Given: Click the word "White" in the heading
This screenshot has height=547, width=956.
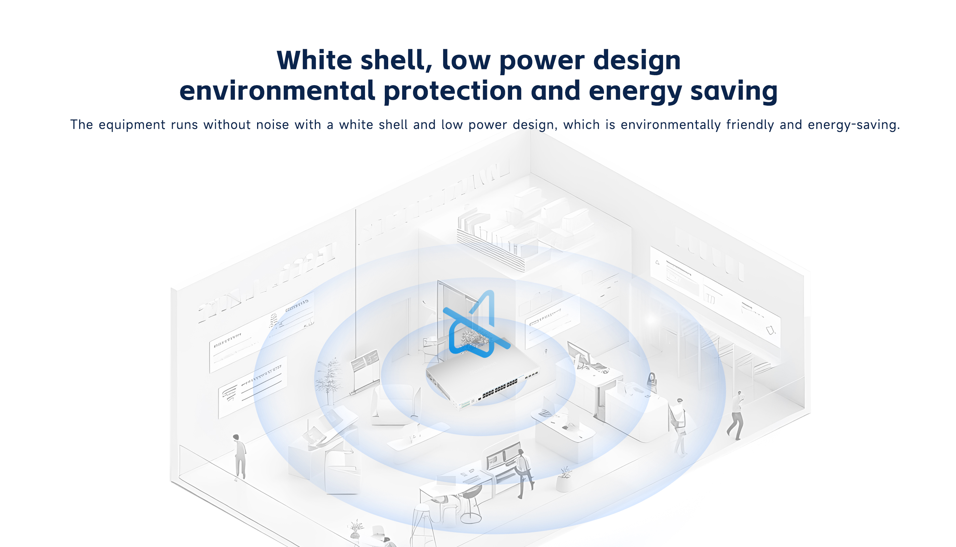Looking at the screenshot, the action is point(314,60).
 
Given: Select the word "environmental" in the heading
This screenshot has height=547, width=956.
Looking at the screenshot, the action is point(277,91).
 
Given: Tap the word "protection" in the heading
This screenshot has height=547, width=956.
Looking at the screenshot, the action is point(453,91).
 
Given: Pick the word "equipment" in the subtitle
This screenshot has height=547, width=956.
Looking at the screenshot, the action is point(132,125).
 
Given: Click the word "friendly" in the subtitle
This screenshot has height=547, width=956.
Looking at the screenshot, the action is point(750,125).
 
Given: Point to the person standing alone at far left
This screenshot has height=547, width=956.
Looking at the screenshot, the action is point(239,457).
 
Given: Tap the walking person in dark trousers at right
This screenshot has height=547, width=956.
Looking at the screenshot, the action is point(736,415).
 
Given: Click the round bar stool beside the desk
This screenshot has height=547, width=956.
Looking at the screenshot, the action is point(471,504).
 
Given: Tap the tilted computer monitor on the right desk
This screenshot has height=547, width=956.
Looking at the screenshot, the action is point(579,355).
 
